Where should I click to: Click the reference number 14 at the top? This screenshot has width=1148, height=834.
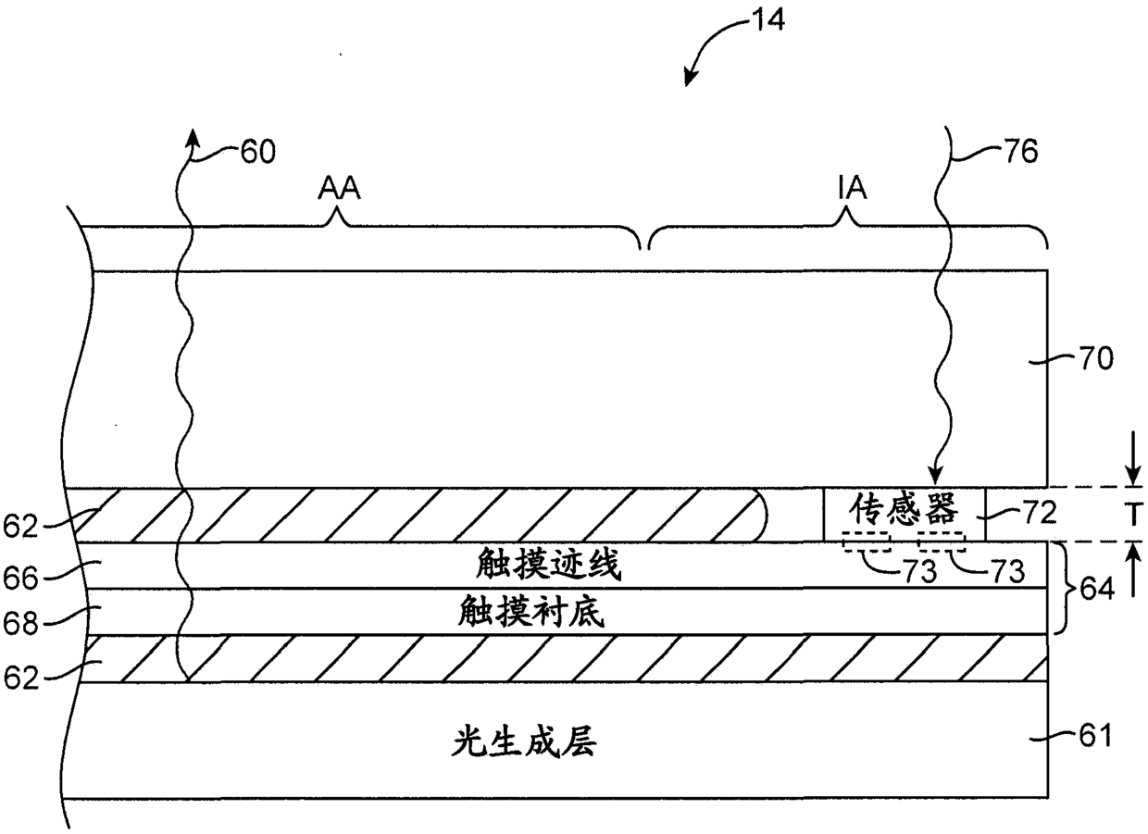point(769,19)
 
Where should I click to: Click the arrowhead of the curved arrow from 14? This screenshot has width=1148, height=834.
point(688,79)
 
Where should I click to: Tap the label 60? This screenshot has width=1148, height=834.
point(257,151)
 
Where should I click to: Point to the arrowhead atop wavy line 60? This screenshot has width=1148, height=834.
point(193,137)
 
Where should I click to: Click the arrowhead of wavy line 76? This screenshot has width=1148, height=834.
point(938,479)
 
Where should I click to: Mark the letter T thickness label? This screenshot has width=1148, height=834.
point(1132,515)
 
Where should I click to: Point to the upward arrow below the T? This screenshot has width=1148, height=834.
point(1132,559)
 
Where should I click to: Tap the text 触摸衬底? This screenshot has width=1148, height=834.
point(531,612)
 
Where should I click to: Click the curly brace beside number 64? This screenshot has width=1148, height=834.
point(1063,587)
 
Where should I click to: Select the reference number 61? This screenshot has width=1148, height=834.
point(1092,738)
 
